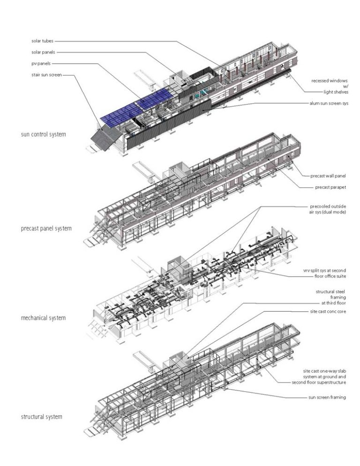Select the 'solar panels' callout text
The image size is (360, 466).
44,52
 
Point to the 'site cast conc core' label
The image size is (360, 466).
328,311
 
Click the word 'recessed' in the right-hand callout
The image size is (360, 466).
321,81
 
